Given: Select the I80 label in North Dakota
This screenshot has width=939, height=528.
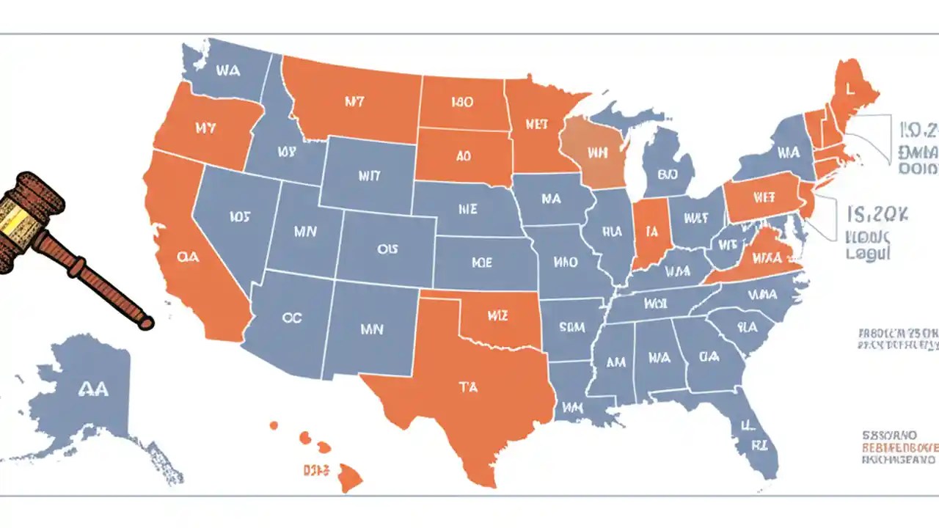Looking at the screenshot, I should pyautogui.click(x=462, y=103).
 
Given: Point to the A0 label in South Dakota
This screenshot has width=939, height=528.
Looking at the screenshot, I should pyautogui.click(x=463, y=156).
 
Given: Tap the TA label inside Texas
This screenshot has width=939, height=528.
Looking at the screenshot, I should pyautogui.click(x=468, y=387).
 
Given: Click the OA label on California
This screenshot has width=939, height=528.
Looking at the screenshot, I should pyautogui.click(x=188, y=257).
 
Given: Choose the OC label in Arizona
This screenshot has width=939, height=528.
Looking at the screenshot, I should pyautogui.click(x=291, y=318).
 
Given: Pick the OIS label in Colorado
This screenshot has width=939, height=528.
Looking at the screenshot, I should pyautogui.click(x=387, y=249).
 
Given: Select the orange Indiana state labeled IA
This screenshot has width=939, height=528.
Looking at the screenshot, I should pyautogui.click(x=649, y=232).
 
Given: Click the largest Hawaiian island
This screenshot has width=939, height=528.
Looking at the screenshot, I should pyautogui.click(x=351, y=478).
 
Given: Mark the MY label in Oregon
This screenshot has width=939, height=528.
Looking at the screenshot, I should pyautogui.click(x=207, y=128).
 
